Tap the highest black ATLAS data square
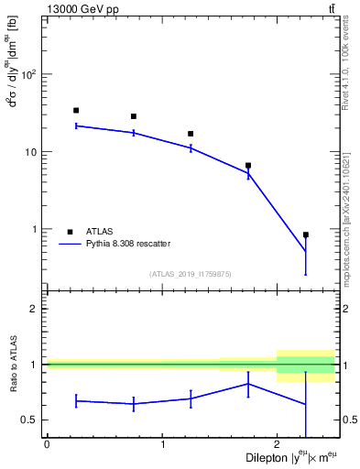(x=76, y=110)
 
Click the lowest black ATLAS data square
(x=306, y=234)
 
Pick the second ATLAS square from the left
(x=134, y=116)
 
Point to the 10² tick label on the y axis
(x=30, y=73)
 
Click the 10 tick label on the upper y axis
(x=33, y=151)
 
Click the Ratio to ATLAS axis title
(x=13, y=364)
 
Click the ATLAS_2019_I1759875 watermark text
(x=191, y=273)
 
